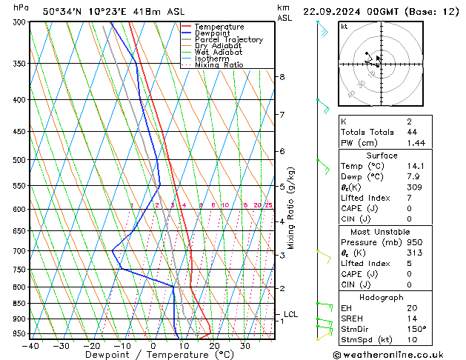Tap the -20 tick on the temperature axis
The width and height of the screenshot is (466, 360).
tap(92, 345)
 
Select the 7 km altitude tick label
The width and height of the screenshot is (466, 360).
tap(282, 115)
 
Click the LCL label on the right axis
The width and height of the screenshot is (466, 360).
tap(290, 315)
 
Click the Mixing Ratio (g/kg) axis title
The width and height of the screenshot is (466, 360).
tap(291, 207)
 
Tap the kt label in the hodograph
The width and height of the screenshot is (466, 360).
tap(344, 26)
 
